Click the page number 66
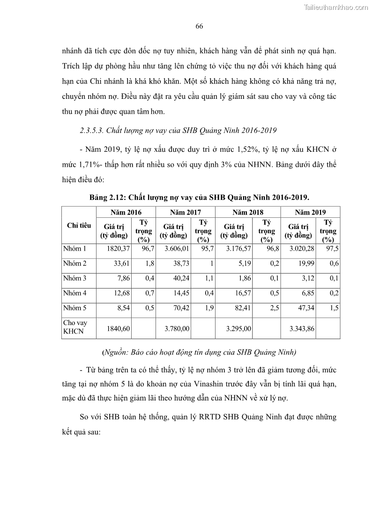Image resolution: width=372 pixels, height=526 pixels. (199, 26)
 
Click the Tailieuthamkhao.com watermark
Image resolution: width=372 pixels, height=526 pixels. (336, 7)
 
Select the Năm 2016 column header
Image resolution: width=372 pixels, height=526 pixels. (126, 212)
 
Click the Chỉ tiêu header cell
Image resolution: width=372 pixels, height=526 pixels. (79, 225)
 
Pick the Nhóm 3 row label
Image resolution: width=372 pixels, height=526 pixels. (74, 278)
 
